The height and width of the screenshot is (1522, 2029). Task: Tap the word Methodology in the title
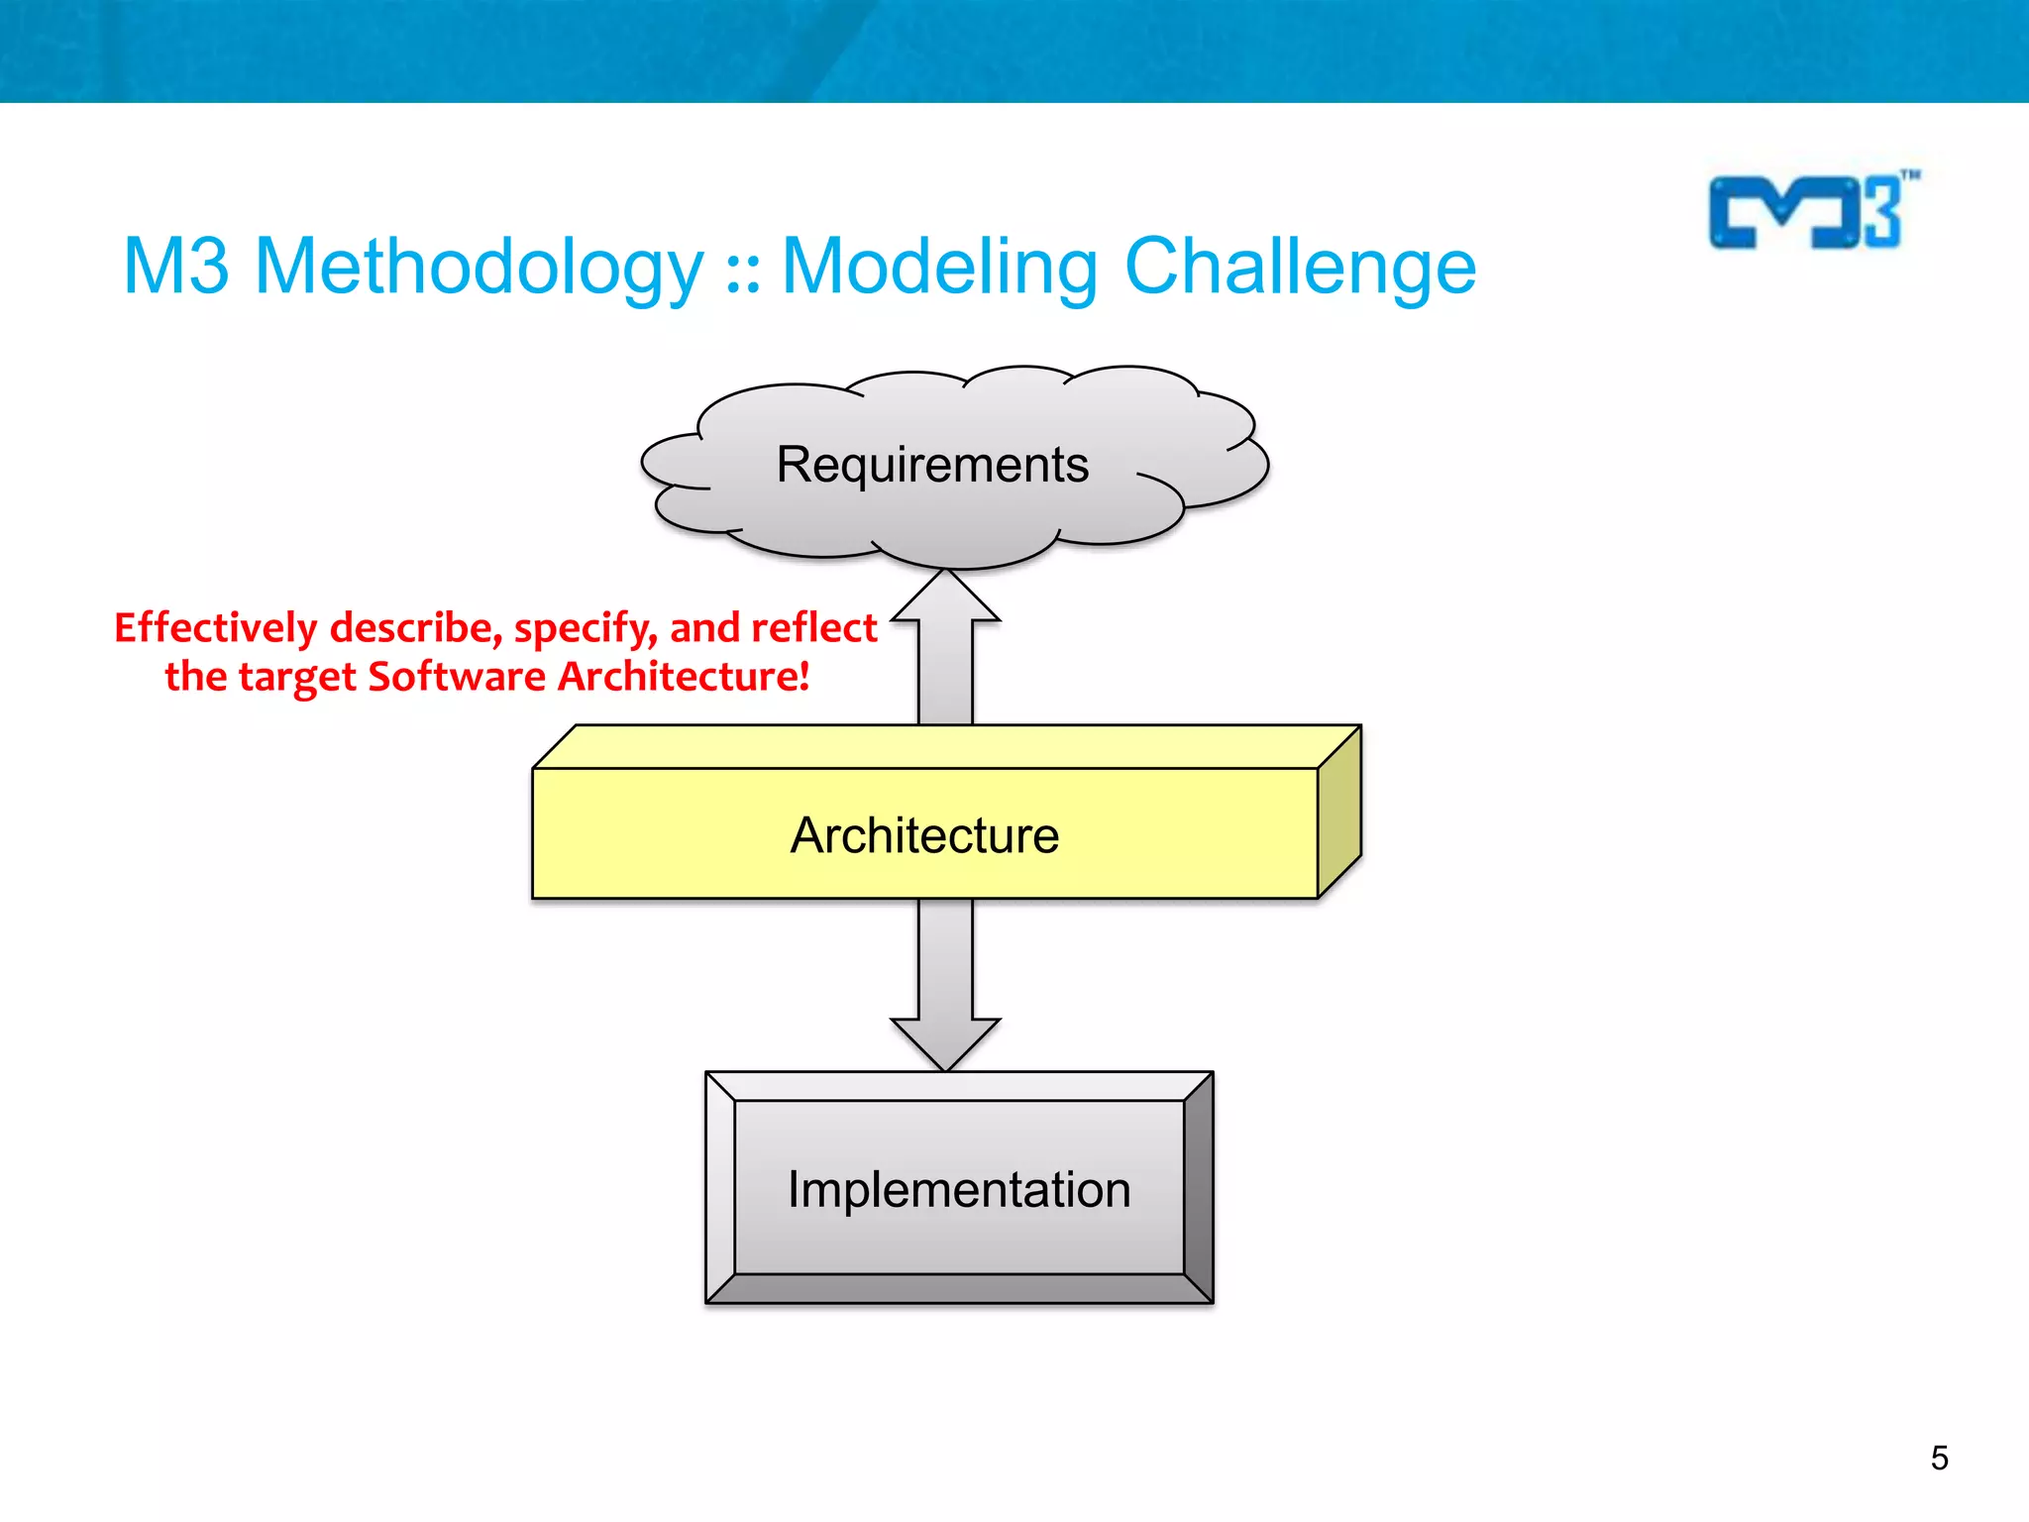[479, 268]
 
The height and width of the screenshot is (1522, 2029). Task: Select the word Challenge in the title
[1300, 268]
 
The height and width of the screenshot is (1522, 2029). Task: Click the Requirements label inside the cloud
[932, 465]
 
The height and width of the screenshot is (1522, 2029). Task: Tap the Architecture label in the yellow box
[924, 835]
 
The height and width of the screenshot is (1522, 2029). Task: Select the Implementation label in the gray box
[958, 1189]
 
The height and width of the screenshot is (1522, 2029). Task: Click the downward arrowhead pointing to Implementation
[945, 1044]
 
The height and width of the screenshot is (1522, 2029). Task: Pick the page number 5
[1939, 1458]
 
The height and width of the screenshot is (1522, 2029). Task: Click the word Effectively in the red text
[215, 627]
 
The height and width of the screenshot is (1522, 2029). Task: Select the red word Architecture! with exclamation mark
[684, 677]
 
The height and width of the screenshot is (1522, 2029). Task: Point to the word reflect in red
[813, 627]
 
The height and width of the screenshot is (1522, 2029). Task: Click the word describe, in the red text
[416, 627]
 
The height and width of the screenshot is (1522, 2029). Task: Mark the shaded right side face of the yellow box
[1339, 813]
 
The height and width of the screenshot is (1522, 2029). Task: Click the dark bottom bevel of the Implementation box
[958, 1289]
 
